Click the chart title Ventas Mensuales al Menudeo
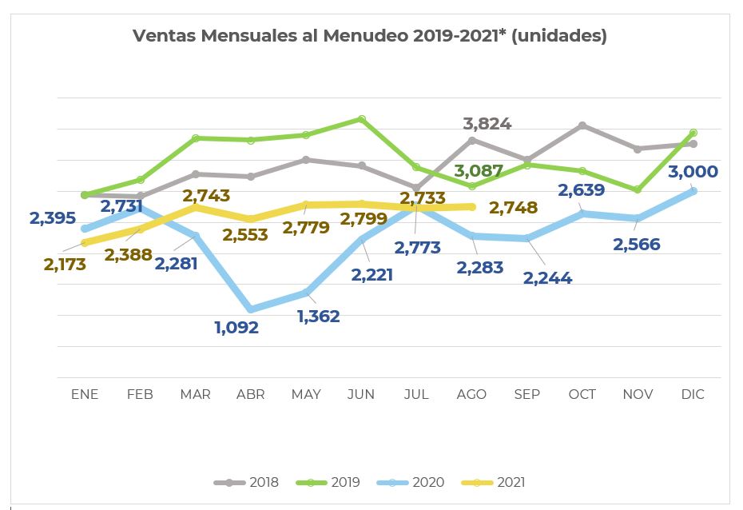[369, 36]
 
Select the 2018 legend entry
[247, 482]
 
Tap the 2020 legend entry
[412, 482]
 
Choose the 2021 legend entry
[495, 482]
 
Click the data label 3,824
[487, 124]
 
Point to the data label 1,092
[236, 327]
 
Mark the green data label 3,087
[479, 171]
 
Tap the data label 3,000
[693, 172]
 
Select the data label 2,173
[65, 265]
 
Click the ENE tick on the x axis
[85, 394]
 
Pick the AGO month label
[471, 394]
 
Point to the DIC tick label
[693, 394]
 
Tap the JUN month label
[361, 394]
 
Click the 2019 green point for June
[362, 119]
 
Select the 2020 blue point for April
[251, 309]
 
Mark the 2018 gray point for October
[582, 126]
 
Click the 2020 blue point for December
[693, 191]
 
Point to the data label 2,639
[582, 191]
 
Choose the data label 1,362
[318, 317]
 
